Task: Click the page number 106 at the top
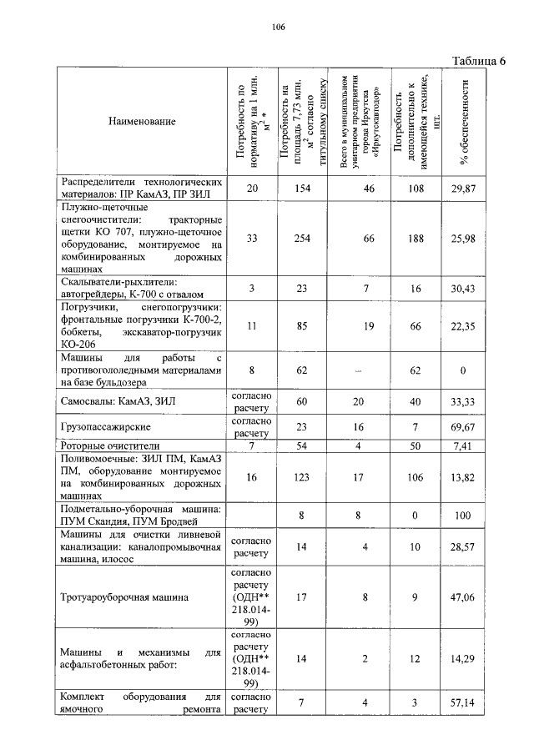pyautogui.click(x=279, y=28)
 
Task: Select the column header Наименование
pyautogui.click(x=142, y=122)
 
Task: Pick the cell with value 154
pyautogui.click(x=302, y=189)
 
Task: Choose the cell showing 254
pyautogui.click(x=302, y=239)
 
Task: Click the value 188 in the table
pyautogui.click(x=414, y=239)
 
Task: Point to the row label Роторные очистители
pyautogui.click(x=109, y=446)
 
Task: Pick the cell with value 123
pyautogui.click(x=302, y=476)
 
